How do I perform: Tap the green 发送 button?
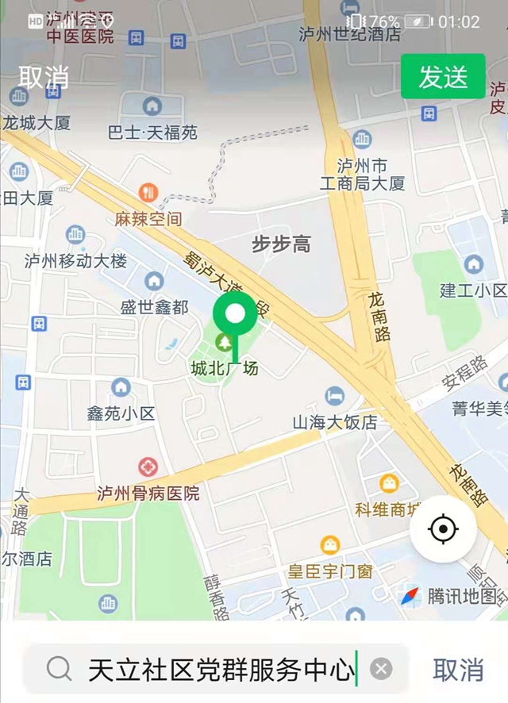[443, 77]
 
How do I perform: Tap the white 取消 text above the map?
[44, 77]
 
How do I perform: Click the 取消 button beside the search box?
[458, 670]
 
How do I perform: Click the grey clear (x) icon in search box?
[382, 670]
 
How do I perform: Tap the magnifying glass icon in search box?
[59, 670]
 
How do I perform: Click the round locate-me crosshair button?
[443, 529]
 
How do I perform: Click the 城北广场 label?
[225, 368]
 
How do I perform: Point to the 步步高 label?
[281, 244]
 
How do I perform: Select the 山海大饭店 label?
[335, 422]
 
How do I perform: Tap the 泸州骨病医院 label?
[148, 493]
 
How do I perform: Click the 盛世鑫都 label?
[155, 306]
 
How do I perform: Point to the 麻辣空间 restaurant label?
[148, 218]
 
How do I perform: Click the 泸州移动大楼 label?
[75, 260]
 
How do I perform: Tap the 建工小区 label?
[473, 290]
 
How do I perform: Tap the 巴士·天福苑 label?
[152, 132]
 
